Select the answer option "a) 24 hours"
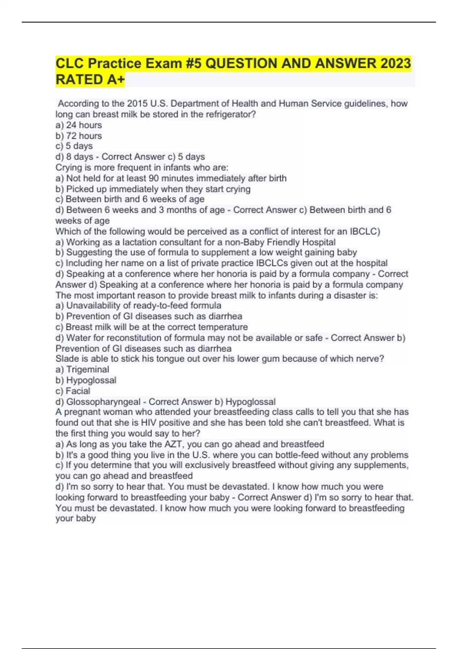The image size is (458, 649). [x=79, y=125]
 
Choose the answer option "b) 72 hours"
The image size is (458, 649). [x=79, y=136]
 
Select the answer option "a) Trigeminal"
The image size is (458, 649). [x=82, y=370]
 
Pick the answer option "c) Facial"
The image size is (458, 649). [x=73, y=391]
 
